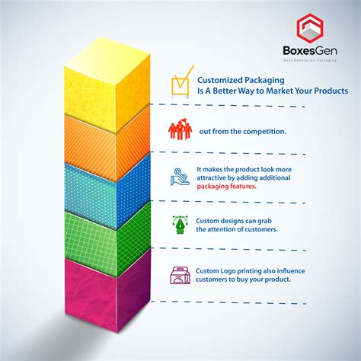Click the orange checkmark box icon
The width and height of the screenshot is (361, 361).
click(x=180, y=86)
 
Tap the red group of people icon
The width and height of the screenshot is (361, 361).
click(x=180, y=129)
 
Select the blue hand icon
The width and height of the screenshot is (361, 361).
click(x=180, y=177)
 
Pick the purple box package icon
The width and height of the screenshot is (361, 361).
click(x=180, y=274)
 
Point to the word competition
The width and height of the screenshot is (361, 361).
click(x=263, y=132)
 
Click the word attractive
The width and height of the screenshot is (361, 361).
click(x=214, y=178)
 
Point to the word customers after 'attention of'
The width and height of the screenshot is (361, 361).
click(x=258, y=228)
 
